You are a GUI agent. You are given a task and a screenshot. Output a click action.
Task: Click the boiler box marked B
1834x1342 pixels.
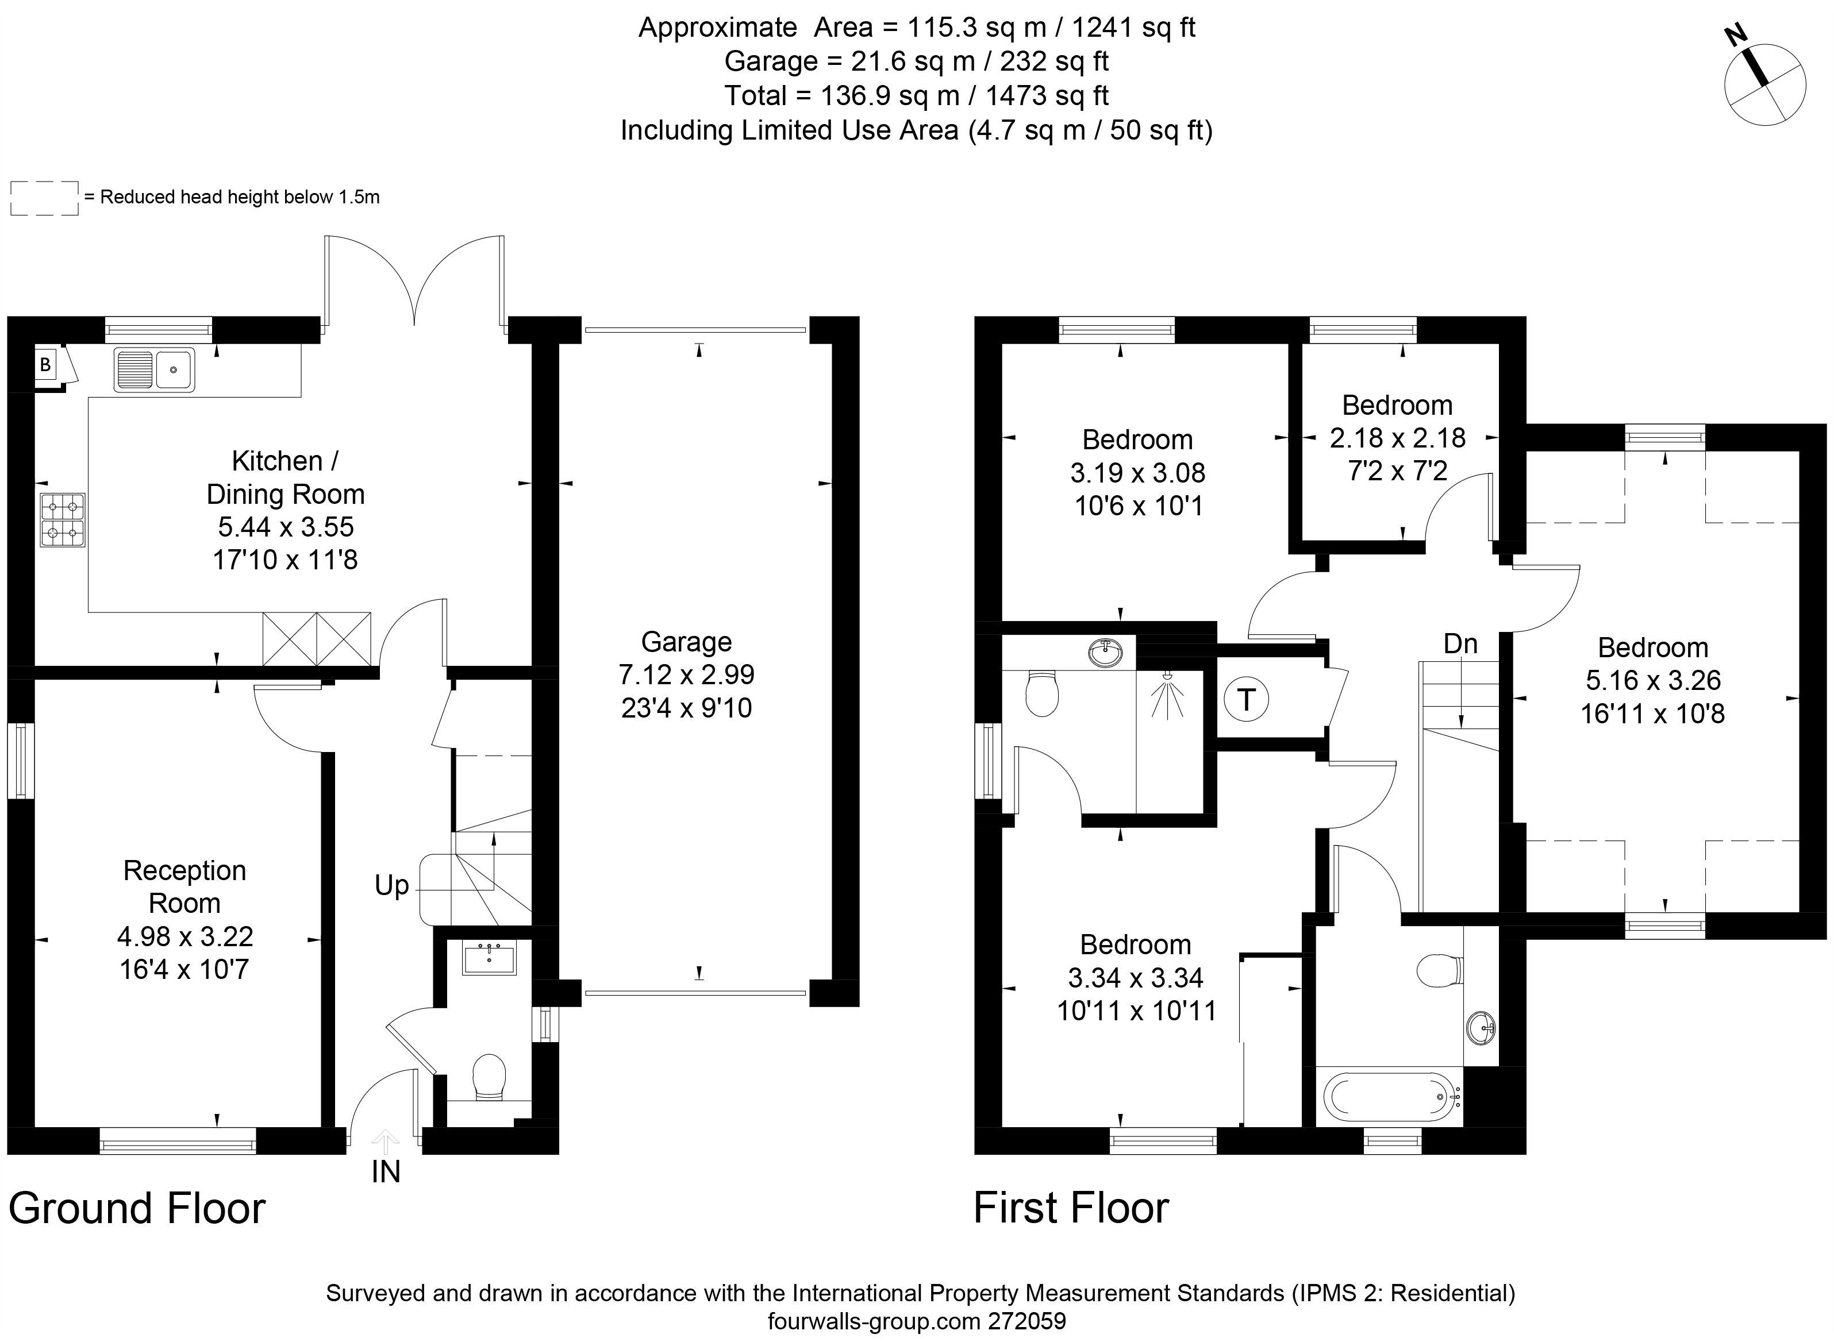click(45, 365)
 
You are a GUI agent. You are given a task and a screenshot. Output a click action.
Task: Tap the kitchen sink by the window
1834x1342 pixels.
click(153, 369)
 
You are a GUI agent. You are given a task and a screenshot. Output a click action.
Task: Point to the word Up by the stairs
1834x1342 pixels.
click(391, 885)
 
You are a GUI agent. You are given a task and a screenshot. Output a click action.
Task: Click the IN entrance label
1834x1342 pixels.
click(386, 1171)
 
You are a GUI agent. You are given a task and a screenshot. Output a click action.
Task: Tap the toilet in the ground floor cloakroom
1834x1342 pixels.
click(489, 1077)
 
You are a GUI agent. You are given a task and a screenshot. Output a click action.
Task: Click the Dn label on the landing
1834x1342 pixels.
click(1460, 643)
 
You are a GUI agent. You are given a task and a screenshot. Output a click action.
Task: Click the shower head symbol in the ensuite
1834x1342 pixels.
click(1168, 695)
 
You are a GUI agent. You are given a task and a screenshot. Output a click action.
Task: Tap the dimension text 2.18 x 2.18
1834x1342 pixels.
click(1398, 438)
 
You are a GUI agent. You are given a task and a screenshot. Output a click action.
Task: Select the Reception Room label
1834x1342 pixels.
click(184, 886)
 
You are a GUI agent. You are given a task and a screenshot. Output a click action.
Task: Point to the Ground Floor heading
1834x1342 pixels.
click(137, 1208)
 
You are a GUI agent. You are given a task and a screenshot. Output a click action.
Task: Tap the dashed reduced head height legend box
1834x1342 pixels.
click(45, 198)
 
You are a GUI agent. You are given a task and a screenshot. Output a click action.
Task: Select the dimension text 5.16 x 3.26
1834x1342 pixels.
click(1653, 680)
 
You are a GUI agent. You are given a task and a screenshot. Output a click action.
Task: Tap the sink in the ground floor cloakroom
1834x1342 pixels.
click(489, 959)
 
